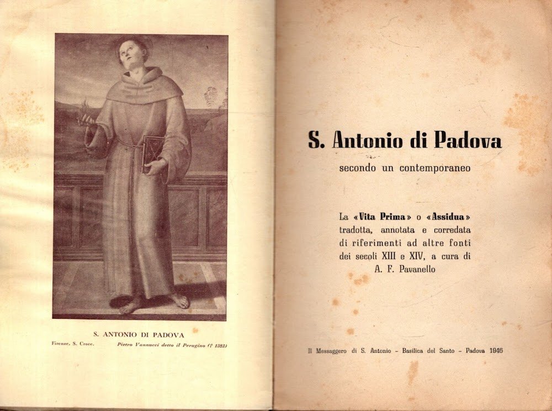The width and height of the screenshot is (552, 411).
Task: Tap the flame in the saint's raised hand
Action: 85,106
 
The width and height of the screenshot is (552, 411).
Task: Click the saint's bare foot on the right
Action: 179,301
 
